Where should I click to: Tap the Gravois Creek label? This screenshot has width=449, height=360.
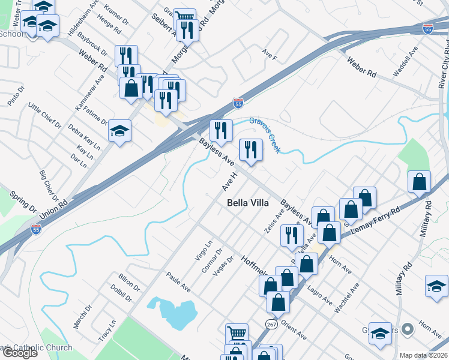click(265, 133)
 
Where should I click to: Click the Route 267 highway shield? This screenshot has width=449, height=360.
click(271, 323)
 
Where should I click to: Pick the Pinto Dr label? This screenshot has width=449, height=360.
click(16, 96)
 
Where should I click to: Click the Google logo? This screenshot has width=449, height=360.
click(19, 352)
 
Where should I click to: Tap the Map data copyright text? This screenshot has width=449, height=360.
click(424, 355)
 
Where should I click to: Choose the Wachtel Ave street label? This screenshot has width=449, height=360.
click(346, 298)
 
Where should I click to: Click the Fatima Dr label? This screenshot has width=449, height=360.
click(97, 110)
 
